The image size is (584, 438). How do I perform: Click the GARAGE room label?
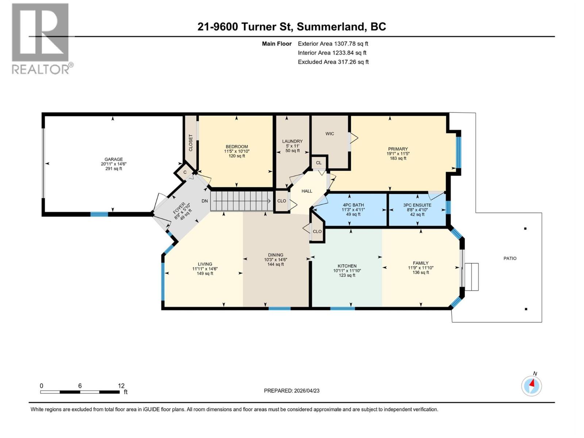click(114, 159)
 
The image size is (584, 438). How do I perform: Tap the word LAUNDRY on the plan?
click(292, 141)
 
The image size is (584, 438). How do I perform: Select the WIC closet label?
click(330, 134)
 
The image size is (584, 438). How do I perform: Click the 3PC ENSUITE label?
click(417, 205)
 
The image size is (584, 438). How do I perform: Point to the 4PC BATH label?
click(353, 205)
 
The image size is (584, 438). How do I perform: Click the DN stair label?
click(205, 201)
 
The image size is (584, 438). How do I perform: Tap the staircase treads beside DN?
click(241, 201)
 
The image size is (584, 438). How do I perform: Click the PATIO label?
click(510, 258)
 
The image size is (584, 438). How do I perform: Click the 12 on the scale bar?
click(121, 386)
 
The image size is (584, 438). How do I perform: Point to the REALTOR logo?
click(41, 38)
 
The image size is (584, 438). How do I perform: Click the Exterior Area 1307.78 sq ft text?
click(333, 44)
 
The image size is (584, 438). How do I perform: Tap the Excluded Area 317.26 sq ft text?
click(333, 62)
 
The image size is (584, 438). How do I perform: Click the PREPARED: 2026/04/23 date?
click(292, 391)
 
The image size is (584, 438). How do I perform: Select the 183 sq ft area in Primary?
click(398, 158)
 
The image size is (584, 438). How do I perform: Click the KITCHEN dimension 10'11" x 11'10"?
click(347, 271)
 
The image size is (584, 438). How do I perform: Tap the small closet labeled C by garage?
click(185, 172)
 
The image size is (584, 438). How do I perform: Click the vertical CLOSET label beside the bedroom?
click(191, 143)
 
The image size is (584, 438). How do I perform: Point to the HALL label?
click(307, 191)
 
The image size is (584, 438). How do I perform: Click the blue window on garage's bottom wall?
click(99, 214)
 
